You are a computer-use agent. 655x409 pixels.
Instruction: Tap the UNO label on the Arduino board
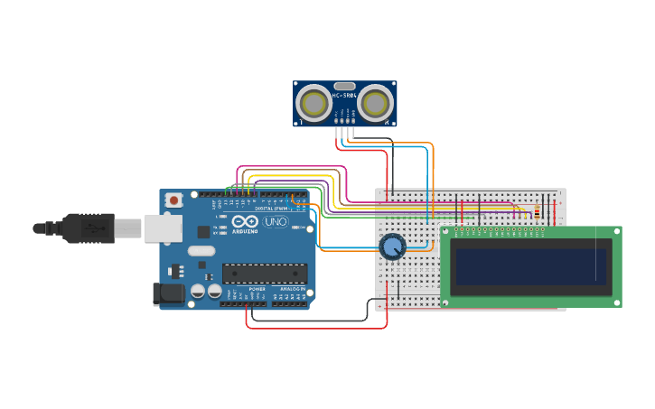click(276, 222)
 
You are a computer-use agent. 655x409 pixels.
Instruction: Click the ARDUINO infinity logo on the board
click(245, 221)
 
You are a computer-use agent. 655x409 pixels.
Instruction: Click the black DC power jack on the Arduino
click(168, 293)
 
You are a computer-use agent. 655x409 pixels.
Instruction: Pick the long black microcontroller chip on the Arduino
click(265, 273)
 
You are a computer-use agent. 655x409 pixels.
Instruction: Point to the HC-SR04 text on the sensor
click(344, 95)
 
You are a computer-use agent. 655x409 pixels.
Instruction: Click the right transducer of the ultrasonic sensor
click(375, 104)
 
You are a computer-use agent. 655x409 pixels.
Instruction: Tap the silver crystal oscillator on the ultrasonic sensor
click(345, 86)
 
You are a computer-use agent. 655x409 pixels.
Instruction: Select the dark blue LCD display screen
click(531, 266)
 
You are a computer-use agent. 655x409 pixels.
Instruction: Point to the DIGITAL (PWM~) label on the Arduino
click(271, 208)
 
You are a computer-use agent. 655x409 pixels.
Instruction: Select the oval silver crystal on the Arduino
click(201, 251)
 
